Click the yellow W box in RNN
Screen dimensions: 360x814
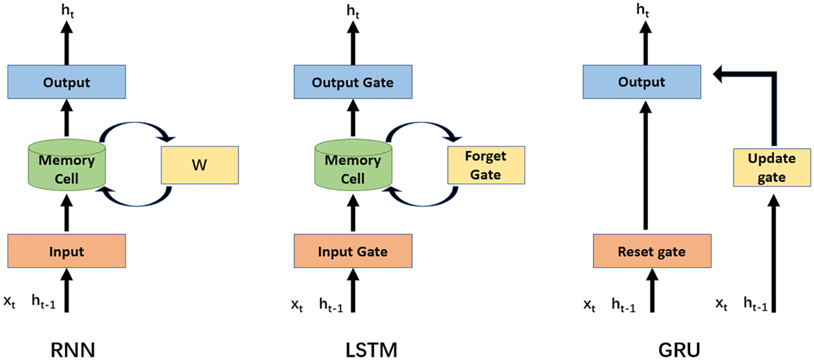click(199, 165)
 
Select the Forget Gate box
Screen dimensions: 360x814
click(486, 165)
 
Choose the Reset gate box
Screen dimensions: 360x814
click(651, 251)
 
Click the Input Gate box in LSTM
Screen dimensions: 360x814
click(353, 251)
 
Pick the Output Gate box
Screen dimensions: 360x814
click(353, 83)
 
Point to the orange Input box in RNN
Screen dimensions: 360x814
click(66, 251)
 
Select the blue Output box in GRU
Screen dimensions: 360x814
click(643, 83)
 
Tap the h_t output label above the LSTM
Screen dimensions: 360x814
click(353, 10)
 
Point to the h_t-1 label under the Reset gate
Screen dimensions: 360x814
click(624, 304)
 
